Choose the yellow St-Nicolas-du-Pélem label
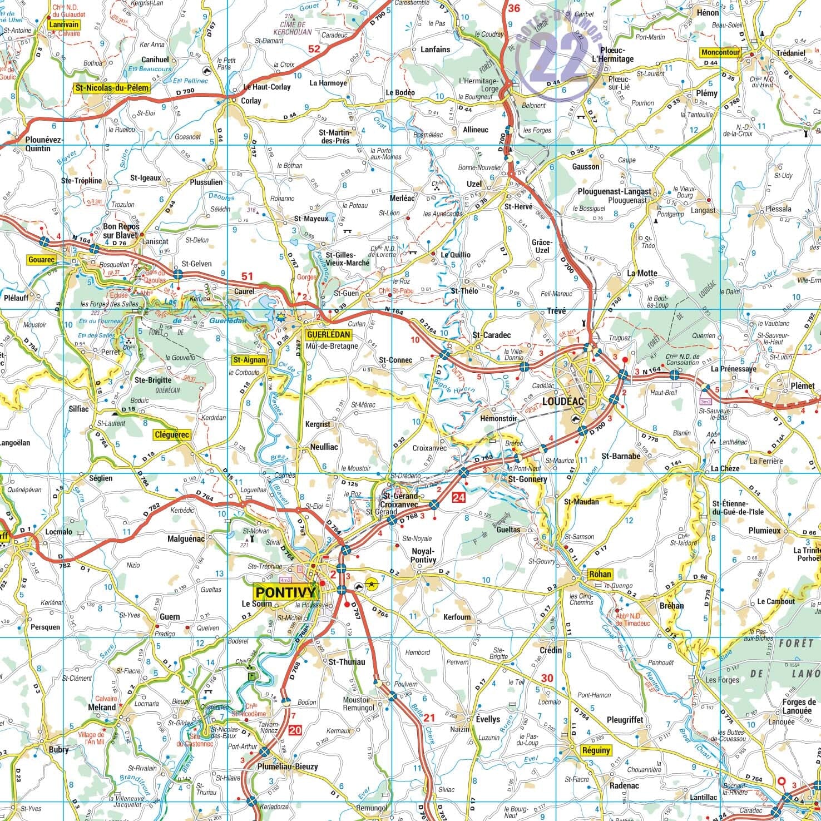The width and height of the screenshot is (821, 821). coord(104,88)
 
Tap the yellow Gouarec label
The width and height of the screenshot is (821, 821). coord(42,260)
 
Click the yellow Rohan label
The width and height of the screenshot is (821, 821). coord(600,574)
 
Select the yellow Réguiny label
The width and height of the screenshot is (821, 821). coord(596,750)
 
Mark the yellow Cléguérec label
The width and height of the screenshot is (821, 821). coord(172,435)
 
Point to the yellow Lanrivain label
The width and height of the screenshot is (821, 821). coord(64,24)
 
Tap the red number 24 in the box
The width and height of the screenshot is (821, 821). coord(459,497)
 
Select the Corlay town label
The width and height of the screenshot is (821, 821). coord(251,101)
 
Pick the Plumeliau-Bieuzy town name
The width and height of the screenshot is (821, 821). coord(288,766)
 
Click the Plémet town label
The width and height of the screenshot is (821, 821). coord(802,385)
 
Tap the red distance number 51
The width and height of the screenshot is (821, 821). coord(247,276)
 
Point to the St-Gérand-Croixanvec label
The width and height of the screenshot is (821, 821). coord(398,499)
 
